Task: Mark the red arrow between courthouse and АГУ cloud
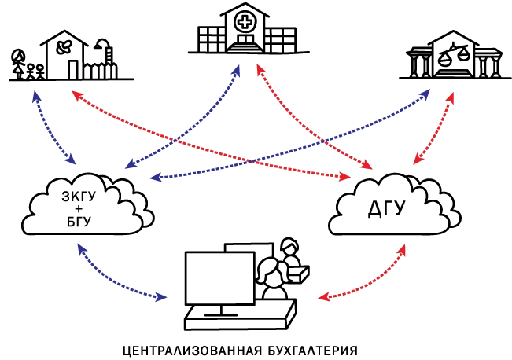tap(437, 130)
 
